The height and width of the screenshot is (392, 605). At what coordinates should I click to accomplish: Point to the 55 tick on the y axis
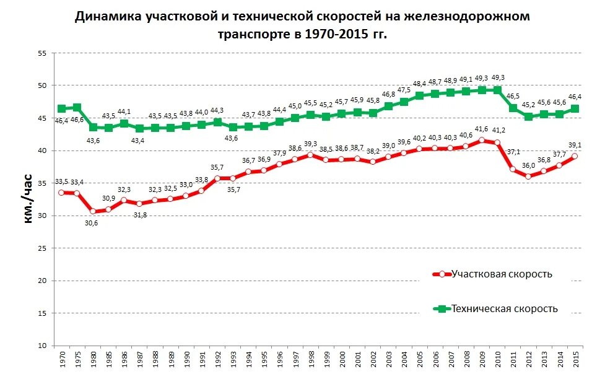(x=43, y=53)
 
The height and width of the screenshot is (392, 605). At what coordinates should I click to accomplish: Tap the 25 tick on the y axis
(x=43, y=248)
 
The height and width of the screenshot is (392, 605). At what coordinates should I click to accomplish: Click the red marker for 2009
(x=482, y=141)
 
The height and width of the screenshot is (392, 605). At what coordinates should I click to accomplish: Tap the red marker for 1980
(x=93, y=211)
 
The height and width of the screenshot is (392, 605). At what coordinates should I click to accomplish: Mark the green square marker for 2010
(x=497, y=90)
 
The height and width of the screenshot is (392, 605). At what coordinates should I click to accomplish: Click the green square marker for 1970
(x=61, y=108)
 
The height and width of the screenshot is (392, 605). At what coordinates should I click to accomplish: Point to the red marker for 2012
(x=528, y=176)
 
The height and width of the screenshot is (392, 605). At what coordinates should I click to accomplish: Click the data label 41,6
(x=481, y=129)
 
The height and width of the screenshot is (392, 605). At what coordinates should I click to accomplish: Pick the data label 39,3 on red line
(x=311, y=144)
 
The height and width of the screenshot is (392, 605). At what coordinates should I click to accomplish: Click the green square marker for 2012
(x=528, y=116)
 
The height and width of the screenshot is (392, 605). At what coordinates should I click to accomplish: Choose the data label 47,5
(x=404, y=90)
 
